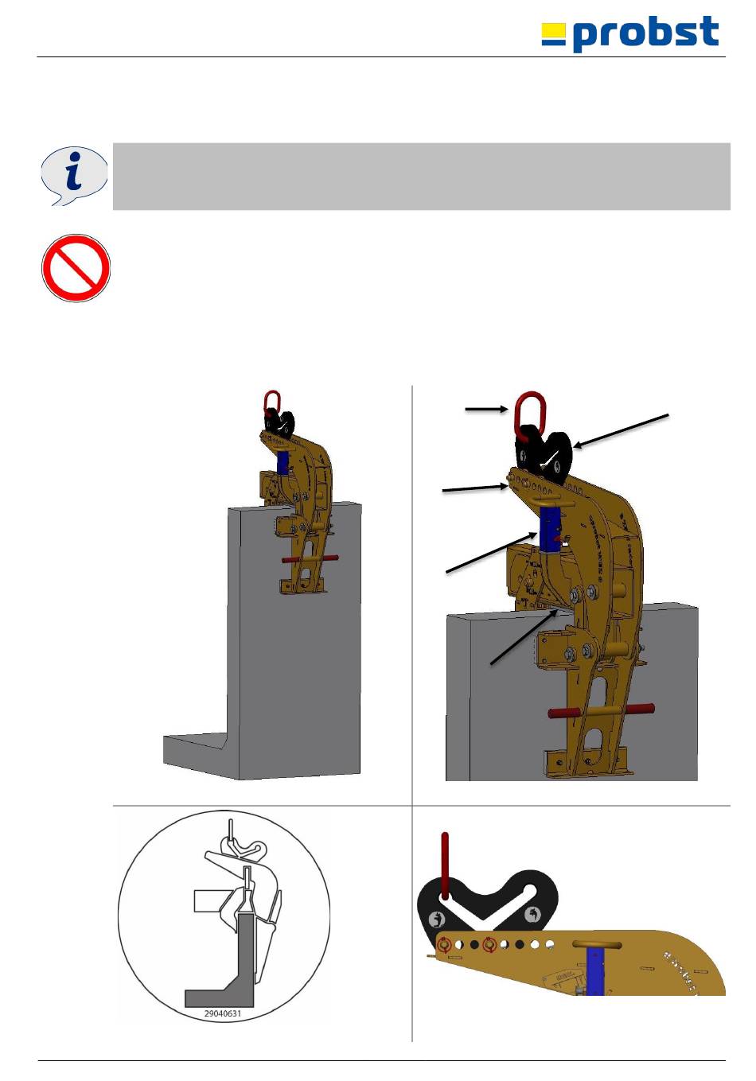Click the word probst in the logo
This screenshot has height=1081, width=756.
pos(645,33)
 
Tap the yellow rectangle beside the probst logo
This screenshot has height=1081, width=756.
pos(553,31)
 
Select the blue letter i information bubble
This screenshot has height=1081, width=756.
pos(74,176)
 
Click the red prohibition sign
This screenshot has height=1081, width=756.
pos(76,268)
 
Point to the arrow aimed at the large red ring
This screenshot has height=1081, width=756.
pos(486,409)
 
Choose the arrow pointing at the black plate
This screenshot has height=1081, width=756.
pos(622,430)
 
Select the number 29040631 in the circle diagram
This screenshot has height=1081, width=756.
pos(223,1013)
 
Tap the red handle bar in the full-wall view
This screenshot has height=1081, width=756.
pos(310,559)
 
